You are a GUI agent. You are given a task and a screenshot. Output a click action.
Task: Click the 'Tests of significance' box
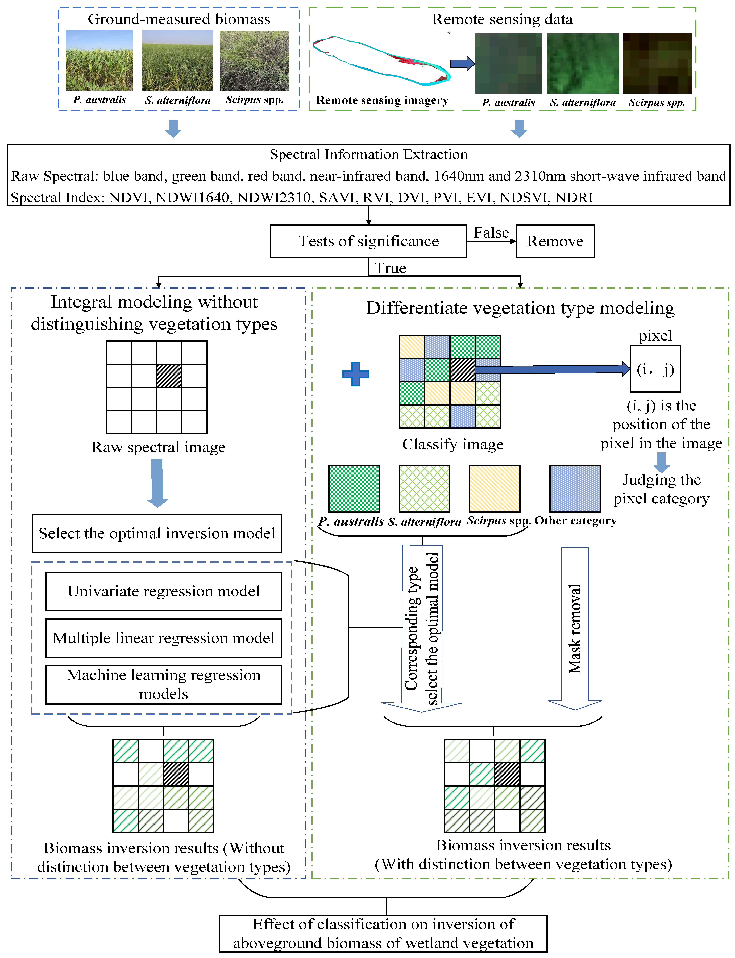click(368, 241)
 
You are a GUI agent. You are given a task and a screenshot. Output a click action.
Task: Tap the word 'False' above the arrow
click(491, 232)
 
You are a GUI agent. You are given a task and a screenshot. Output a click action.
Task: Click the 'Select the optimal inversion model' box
click(157, 533)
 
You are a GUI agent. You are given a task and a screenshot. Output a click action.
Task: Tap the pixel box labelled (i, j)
click(655, 369)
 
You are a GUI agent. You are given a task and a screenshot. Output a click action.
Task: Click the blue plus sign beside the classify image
click(355, 374)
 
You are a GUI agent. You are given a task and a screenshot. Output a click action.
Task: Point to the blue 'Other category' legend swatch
click(575, 488)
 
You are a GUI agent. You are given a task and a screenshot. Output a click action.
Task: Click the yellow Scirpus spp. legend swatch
click(494, 488)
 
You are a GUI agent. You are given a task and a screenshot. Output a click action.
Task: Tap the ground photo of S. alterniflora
click(178, 60)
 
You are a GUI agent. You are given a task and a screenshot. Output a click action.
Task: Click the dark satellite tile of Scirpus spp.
click(657, 63)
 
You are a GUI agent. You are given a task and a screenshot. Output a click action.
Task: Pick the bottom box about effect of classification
click(383, 934)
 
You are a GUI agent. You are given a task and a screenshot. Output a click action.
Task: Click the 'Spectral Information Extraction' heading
click(368, 154)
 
